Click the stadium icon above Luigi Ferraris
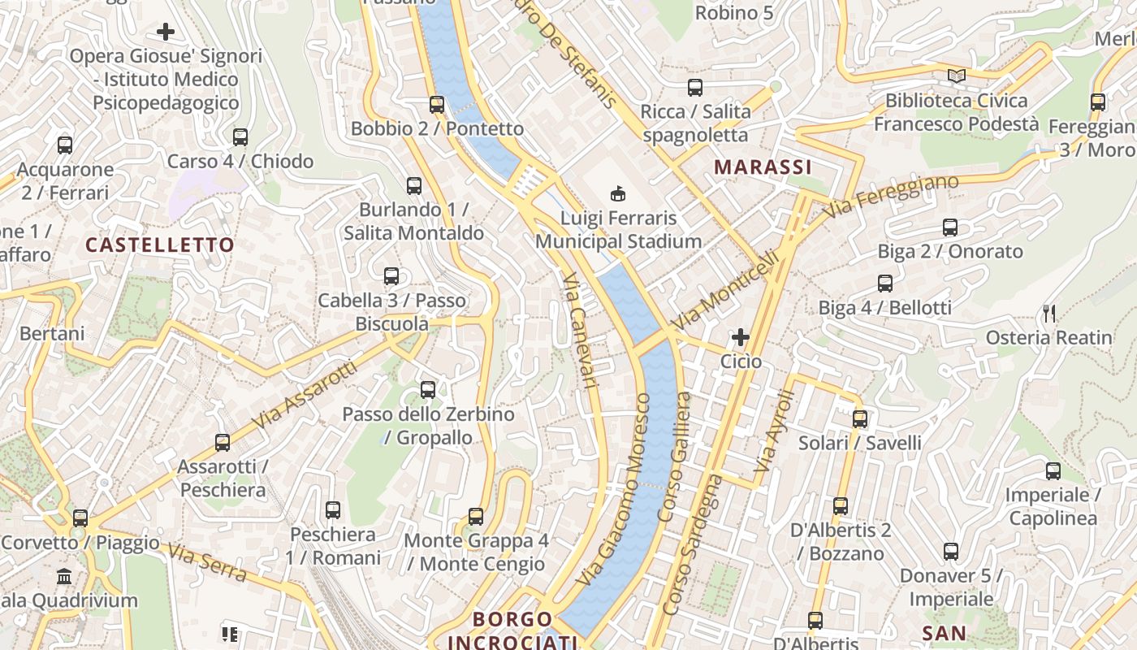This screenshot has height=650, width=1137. tap(618, 193)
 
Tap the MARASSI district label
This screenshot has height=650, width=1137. tap(763, 167)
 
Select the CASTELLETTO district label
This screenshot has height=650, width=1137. tap(160, 245)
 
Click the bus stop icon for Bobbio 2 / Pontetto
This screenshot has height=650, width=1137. tap(437, 104)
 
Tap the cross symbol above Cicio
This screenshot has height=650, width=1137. tap(741, 336)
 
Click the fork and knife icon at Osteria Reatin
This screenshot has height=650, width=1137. tap(1049, 313)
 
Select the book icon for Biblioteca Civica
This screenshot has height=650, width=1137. tap(957, 76)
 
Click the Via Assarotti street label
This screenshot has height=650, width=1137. tap(305, 396)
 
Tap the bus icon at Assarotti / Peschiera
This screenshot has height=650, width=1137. tap(223, 443)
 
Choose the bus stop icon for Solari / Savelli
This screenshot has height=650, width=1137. tap(860, 419)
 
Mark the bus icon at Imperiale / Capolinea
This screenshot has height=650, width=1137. tap(1053, 470)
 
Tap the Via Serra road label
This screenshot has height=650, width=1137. tap(208, 564)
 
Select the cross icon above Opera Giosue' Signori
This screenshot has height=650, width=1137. tap(166, 32)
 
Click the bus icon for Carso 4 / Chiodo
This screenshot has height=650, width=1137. tap(240, 136)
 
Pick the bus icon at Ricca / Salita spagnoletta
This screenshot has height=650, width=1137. tap(695, 88)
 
